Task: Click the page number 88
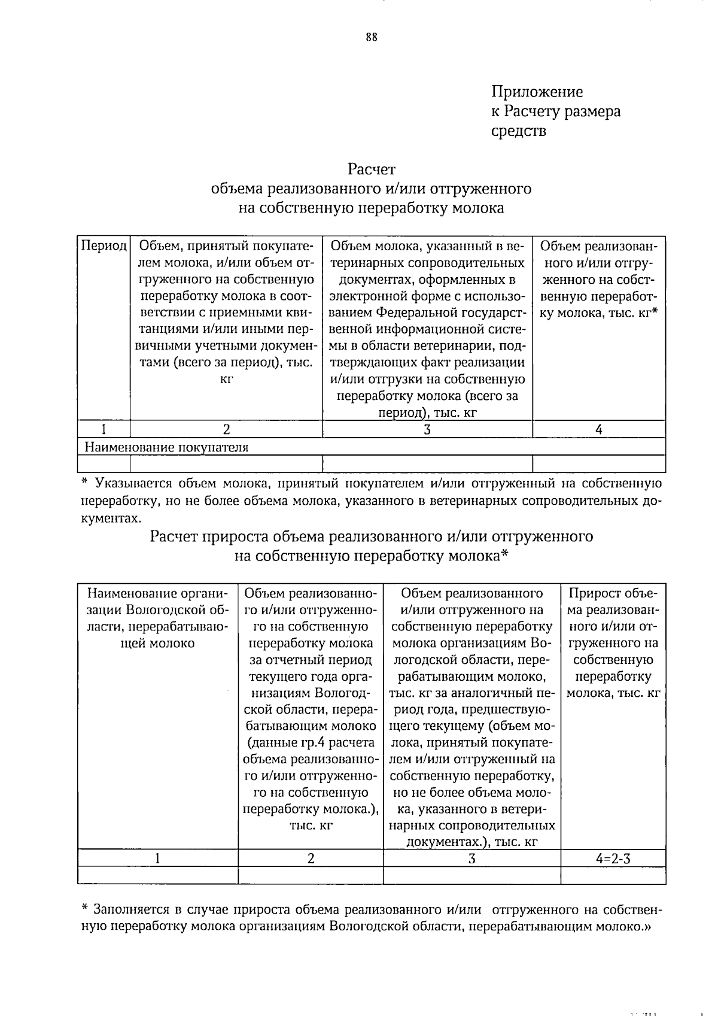371,37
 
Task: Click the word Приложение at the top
537,92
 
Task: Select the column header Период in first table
104,246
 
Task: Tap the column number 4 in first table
598,429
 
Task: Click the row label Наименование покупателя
166,447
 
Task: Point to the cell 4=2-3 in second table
613,858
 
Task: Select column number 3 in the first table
427,429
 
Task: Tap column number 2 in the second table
311,858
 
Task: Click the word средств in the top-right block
519,131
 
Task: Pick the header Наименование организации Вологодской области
158,618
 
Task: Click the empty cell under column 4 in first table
598,463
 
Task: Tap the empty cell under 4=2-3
613,875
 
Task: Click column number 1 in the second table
157,858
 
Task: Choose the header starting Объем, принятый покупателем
226,312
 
